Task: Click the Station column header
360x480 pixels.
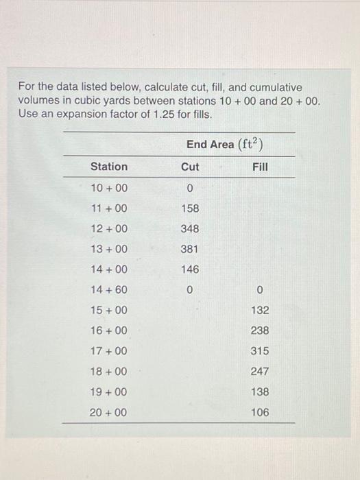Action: [109, 167]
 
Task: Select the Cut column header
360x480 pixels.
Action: [190, 167]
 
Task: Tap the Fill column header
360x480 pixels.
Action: [260, 167]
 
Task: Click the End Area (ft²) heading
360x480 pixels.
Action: [226, 144]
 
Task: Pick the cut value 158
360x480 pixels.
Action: [190, 208]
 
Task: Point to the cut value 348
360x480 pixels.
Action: [190, 228]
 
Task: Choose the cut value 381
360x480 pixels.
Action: [190, 249]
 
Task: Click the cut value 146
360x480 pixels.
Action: [190, 269]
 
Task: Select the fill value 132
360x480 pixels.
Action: [260, 310]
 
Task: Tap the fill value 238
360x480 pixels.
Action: [260, 331]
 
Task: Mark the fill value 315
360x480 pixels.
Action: [260, 351]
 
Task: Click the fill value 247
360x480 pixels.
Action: [260, 372]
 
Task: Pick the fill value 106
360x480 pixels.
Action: [260, 412]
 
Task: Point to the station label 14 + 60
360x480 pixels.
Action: [109, 290]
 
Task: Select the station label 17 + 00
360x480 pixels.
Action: [109, 351]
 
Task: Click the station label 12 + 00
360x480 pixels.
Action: [109, 228]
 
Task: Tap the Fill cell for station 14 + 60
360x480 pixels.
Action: [260, 290]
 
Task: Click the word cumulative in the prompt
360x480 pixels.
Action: [271, 88]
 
